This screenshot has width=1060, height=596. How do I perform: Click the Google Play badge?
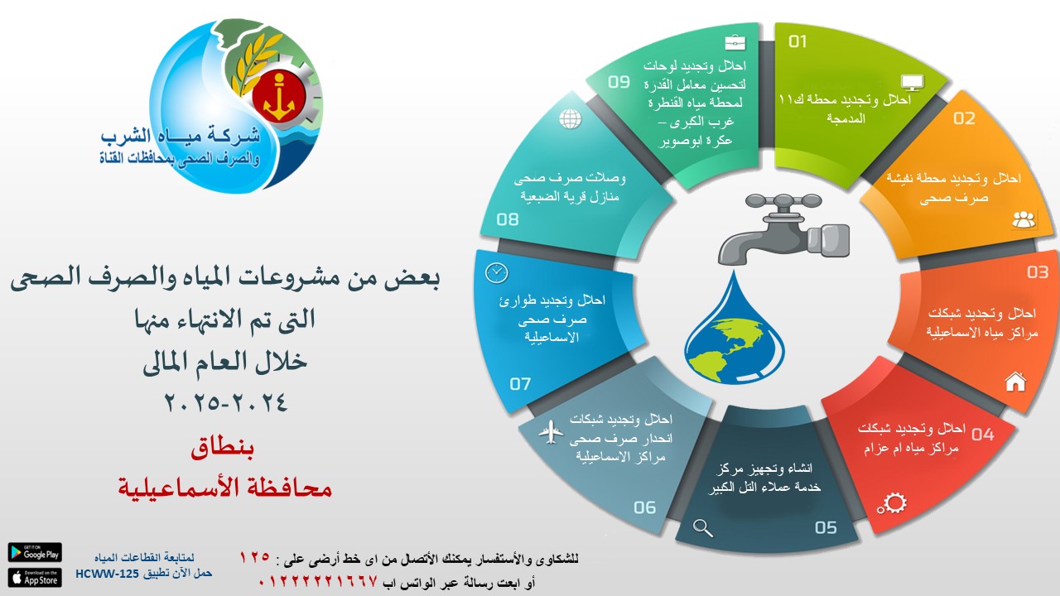pos(35,552)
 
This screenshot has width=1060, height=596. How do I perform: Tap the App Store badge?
pos(35,578)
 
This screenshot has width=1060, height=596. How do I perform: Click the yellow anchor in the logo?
pos(279,97)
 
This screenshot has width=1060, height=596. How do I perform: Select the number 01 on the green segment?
pos(797,41)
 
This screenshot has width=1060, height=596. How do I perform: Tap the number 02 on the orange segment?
pos(964,118)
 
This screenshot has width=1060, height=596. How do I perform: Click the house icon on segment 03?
pos(1015,382)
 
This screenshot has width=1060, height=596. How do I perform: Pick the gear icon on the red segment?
pos(892,503)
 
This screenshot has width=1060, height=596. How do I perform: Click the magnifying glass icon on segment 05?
pos(703,528)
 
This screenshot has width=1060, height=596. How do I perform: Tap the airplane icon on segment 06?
pos(551,432)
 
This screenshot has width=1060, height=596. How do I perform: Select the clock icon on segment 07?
pos(496,273)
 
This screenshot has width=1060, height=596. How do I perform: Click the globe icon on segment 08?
pos(571,118)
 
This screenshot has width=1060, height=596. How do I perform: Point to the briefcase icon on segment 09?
pos(735,42)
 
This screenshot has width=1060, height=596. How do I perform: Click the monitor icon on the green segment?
pos(913,82)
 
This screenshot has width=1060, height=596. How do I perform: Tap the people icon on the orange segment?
pos(1024,219)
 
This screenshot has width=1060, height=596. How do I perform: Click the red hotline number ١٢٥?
pos(254,556)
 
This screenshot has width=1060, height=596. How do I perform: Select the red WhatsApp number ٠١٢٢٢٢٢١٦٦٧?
pos(318,581)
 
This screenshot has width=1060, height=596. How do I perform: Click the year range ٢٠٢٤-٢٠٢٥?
pos(226,403)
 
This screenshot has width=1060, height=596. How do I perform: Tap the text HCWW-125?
pos(107,574)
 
